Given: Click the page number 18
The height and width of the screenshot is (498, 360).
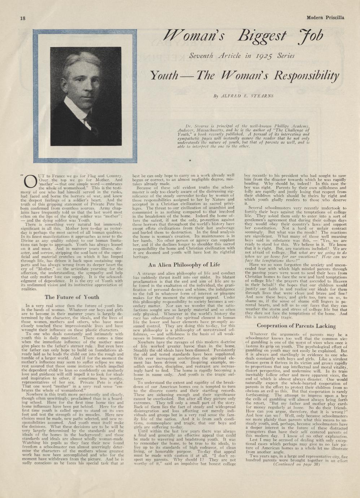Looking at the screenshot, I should [x=22, y=18].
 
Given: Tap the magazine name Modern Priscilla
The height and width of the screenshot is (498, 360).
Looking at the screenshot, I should [x=325, y=18].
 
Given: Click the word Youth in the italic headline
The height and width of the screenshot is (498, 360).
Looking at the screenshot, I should [x=165, y=76].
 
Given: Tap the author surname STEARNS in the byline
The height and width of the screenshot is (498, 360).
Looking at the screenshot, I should [x=260, y=96].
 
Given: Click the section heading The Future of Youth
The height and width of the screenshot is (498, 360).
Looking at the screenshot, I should [x=72, y=297].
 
